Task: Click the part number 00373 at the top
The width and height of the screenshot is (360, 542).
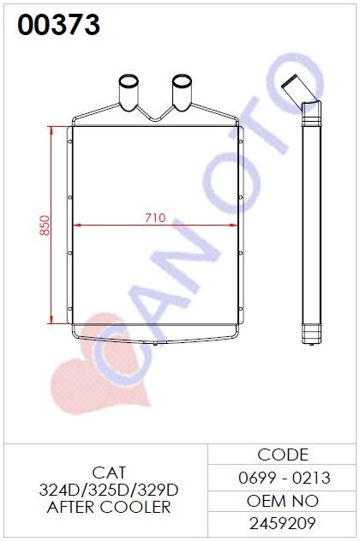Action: pos(59,25)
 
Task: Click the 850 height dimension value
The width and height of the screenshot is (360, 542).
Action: pos(45,226)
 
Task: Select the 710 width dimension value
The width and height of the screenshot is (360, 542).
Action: pos(155,218)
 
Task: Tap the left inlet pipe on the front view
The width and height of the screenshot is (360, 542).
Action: pos(129,93)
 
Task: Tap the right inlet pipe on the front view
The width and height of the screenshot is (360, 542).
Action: pos(182,93)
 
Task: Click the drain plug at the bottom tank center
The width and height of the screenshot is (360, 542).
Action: pos(155,343)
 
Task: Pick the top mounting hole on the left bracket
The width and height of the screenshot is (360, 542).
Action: pos(69,142)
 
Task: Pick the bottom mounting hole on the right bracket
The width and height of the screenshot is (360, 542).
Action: pos(241,309)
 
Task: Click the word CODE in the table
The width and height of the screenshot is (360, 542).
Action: pos(283,455)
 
